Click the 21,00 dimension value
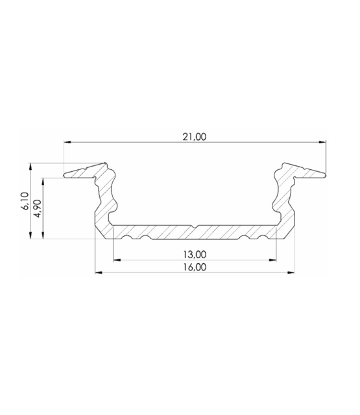[x=195, y=136]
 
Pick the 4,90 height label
[x=38, y=209]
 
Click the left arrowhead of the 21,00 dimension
[x=67, y=141]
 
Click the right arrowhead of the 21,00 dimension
[x=322, y=141]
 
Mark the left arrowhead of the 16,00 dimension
[x=98, y=272]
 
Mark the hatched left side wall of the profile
[x=104, y=195]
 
